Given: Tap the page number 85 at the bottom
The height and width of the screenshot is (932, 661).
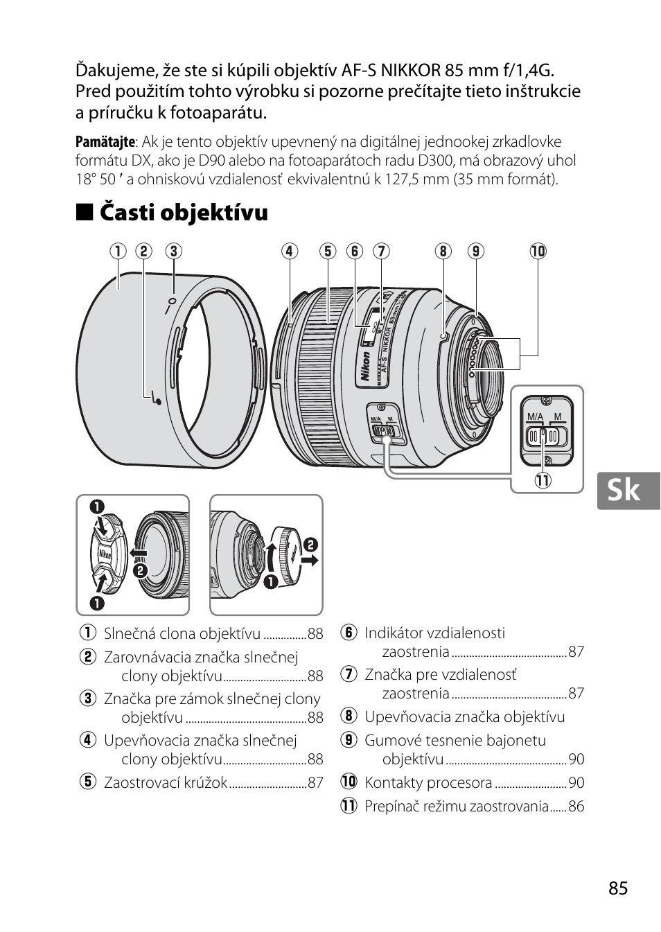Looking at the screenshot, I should coord(619,888).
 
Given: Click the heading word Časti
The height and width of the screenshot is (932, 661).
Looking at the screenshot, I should coord(126,212).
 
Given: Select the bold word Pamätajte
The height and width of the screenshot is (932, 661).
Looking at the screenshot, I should coord(105,142).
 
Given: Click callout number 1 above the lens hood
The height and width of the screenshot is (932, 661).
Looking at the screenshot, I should coord(118,251).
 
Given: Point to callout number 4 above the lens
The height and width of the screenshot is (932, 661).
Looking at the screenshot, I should coord(289,251).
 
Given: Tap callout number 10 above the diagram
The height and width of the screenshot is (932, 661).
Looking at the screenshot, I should coord(538,251).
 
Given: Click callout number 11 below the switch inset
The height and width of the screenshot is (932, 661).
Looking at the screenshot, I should coord(542,480).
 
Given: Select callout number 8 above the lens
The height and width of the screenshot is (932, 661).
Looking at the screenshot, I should coord(443,251).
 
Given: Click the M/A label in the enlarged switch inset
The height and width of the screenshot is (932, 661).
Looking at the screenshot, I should coord(535,416).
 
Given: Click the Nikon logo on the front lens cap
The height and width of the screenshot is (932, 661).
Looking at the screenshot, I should coord(106,554).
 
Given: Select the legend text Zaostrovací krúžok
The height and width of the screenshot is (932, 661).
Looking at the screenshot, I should coord(166,783).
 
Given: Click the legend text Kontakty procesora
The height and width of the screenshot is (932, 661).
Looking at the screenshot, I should coord(428,783).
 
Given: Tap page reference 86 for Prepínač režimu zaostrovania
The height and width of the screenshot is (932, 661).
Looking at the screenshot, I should coord(576,807).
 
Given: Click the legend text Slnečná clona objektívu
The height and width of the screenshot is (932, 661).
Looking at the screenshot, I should coord(182,634).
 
